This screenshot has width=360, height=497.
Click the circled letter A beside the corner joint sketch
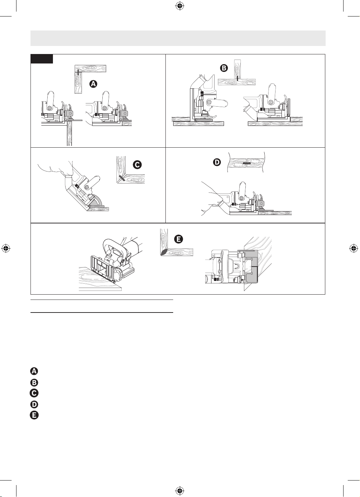[93, 84]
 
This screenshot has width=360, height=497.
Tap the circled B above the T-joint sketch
[224, 68]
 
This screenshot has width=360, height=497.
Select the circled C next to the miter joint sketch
[137, 164]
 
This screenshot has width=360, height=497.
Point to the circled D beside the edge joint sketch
[217, 162]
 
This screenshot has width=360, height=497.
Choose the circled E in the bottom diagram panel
[178, 239]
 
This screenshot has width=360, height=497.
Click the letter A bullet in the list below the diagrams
[34, 371]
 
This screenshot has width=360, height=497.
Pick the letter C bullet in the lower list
[34, 393]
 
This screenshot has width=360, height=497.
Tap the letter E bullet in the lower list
[34, 415]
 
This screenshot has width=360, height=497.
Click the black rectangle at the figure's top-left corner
[42, 59]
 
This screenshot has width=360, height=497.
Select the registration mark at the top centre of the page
[179, 6]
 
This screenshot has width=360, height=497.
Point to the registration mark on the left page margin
[6, 248]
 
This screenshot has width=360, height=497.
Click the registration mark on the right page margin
[354, 248]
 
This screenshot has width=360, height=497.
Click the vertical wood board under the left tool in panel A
[69, 133]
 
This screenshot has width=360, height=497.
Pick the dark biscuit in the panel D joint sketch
[246, 163]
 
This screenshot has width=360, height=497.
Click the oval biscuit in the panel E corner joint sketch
[165, 252]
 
